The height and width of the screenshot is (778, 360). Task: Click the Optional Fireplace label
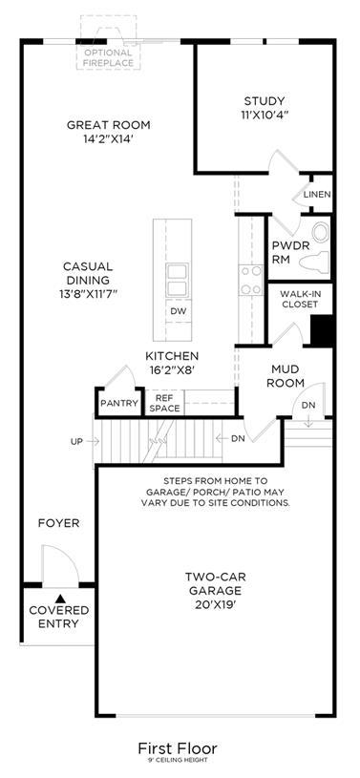(x=108, y=57)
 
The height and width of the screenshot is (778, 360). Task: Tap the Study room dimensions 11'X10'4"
(x=266, y=115)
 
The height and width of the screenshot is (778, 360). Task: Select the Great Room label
(x=109, y=125)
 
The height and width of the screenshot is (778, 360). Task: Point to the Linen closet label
(x=317, y=194)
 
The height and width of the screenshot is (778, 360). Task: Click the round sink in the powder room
(x=320, y=232)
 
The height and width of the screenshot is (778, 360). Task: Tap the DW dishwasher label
(x=178, y=311)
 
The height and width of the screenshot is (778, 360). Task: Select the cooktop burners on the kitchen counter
(x=250, y=280)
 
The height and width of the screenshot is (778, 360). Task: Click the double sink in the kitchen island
(x=178, y=281)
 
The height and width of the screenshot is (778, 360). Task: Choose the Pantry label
(x=118, y=404)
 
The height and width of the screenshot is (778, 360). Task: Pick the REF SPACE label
(x=164, y=404)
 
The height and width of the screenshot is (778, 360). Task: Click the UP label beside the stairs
(x=77, y=441)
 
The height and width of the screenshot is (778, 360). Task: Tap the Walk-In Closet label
(x=300, y=299)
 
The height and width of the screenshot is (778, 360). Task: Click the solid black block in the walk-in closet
(x=321, y=330)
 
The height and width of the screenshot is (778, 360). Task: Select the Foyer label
(x=58, y=523)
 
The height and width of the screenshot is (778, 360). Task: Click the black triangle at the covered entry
(x=60, y=599)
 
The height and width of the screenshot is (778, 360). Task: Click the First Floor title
(x=178, y=747)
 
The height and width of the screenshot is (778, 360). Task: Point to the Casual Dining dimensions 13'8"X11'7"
(x=88, y=294)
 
